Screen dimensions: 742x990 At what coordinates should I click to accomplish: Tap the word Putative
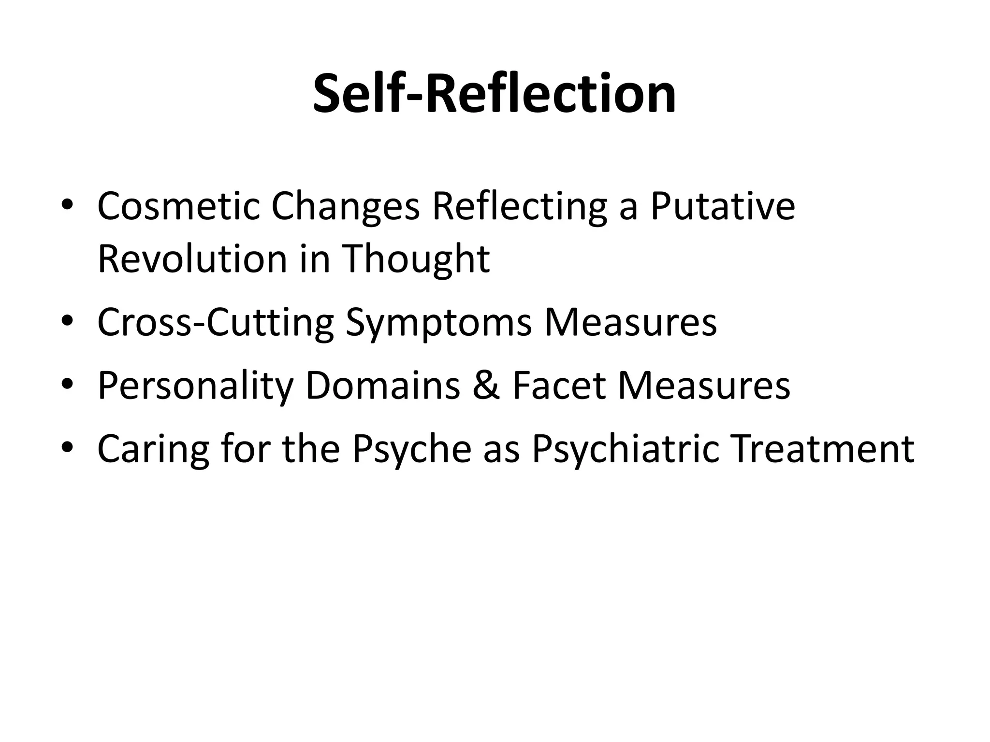[x=722, y=206]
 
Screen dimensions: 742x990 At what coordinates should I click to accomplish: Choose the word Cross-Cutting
[x=216, y=322]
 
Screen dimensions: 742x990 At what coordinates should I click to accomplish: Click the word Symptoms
[x=438, y=322]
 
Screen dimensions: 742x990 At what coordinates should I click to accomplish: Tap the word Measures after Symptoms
[x=630, y=322]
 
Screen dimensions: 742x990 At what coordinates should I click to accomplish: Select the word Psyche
[x=411, y=449]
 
